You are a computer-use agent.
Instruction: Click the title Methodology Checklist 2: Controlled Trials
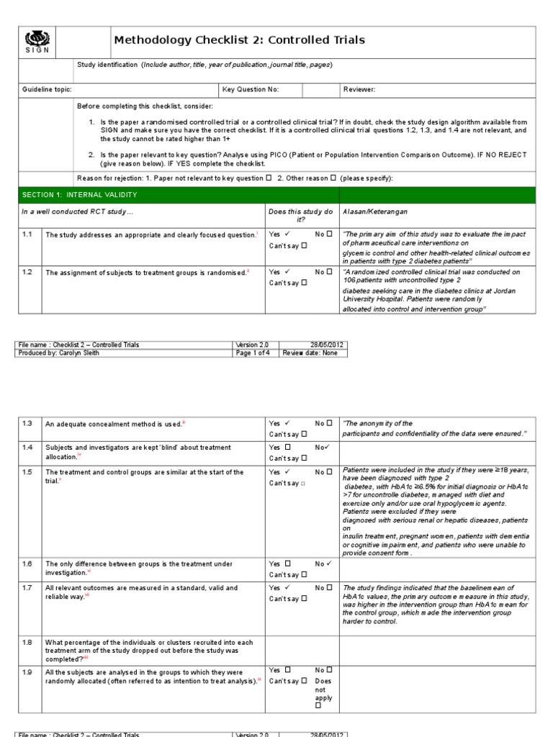click(239, 40)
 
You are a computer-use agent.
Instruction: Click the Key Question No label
click(251, 89)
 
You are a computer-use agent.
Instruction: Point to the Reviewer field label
click(359, 89)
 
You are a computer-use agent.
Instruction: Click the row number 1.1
click(27, 234)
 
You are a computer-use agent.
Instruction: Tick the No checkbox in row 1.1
click(329, 234)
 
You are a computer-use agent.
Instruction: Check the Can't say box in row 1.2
click(304, 283)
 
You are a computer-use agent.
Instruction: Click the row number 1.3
click(27, 424)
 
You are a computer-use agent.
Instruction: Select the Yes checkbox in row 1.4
click(288, 447)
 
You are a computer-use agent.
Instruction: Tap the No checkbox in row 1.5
click(329, 472)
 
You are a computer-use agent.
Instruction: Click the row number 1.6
click(27, 564)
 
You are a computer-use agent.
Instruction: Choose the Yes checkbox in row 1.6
click(288, 564)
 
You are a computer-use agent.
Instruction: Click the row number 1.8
click(27, 642)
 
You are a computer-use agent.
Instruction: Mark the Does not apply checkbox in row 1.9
click(318, 707)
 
